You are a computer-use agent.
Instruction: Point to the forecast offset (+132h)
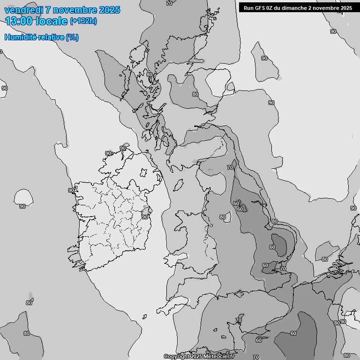coord(83,21)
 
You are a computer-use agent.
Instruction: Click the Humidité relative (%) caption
coord(41,37)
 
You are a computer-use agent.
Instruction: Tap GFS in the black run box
coord(261,7)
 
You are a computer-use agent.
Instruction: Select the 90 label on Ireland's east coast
coord(145,217)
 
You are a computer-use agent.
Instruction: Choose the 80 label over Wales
coord(223,217)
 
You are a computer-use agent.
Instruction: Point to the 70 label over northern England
coord(230,167)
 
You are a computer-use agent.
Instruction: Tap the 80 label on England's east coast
coord(274,221)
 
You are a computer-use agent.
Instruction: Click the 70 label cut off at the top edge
coord(169,3)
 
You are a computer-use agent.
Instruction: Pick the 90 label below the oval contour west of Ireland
coord(22,206)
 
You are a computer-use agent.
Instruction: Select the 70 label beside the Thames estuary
coord(283,269)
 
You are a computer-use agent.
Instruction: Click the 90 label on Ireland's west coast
coord(71,190)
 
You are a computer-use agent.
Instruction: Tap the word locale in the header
coord(52,21)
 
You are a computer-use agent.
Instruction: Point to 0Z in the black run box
coord(270,7)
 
